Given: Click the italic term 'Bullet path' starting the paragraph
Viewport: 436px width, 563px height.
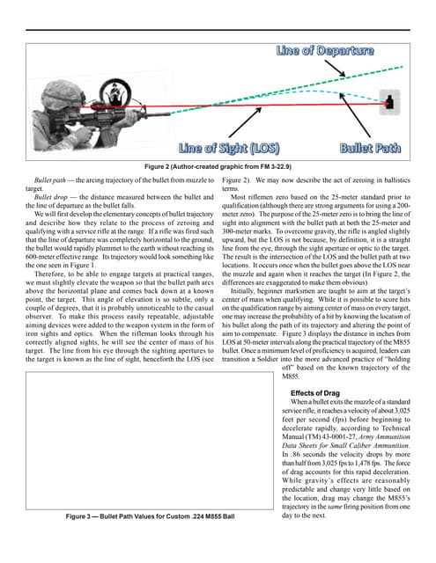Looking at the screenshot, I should (x=54, y=179).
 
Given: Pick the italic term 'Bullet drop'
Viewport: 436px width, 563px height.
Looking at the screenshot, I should (x=54, y=196).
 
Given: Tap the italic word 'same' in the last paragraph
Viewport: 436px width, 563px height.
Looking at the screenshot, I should (x=328, y=530).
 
